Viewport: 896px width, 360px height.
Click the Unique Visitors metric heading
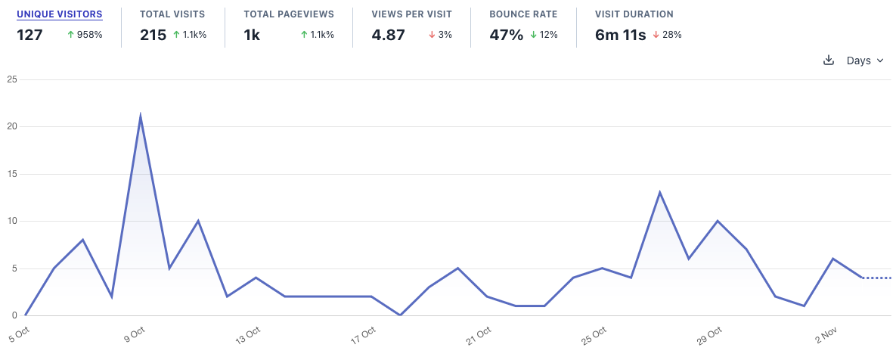[59, 14]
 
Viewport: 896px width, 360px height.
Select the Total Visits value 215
[153, 35]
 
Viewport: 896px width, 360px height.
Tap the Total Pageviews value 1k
[253, 35]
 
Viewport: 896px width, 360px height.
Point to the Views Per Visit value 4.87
[388, 35]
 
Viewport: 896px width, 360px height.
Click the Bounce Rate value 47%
[506, 35]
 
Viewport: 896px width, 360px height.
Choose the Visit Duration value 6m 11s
[620, 35]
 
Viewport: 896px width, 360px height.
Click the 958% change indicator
[85, 35]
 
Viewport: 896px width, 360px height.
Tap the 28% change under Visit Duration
[667, 35]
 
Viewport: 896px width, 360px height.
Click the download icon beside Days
[828, 61]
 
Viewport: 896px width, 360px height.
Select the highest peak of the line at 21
[141, 116]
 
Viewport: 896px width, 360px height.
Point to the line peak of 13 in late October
[660, 192]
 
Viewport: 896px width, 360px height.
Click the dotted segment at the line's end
[877, 278]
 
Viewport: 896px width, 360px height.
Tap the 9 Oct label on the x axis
[134, 334]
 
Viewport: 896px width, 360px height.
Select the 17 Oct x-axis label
[364, 334]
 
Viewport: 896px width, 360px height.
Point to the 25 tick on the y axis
[12, 79]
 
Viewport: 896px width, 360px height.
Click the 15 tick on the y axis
[12, 174]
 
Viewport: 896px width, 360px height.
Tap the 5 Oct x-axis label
[19, 334]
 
